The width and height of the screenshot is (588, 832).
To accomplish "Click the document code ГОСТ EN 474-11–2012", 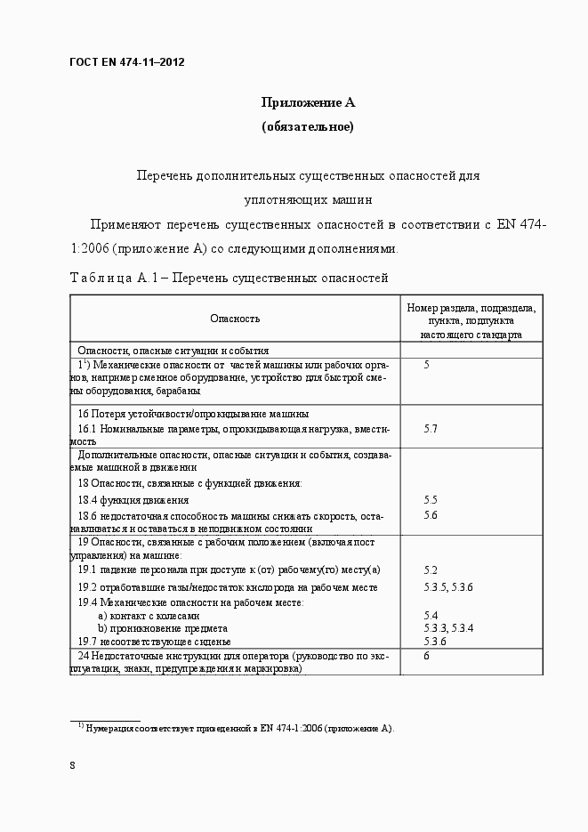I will click(x=126, y=62).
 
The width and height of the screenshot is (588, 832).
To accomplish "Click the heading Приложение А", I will click(x=307, y=103).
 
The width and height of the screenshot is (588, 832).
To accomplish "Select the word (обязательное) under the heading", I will click(x=307, y=127).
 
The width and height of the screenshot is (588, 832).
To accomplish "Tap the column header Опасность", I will click(x=235, y=319).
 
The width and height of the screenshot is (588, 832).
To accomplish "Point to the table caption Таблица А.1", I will click(x=229, y=279).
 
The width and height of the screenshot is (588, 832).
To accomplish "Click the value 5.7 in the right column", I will click(x=431, y=429).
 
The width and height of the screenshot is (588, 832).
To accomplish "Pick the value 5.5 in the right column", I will click(x=431, y=500).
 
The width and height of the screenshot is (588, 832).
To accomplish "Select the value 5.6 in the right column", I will click(x=431, y=515).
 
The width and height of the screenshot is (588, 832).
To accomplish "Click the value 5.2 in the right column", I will click(x=431, y=569).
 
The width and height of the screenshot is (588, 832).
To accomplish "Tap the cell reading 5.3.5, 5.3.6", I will click(x=448, y=587).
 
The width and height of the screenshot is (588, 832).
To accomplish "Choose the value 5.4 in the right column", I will click(x=431, y=616).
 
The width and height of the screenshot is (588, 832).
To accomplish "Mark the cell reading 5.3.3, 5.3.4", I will click(x=448, y=628).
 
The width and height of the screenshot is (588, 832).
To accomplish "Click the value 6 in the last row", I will click(x=427, y=656).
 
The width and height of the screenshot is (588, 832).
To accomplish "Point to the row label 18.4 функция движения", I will click(x=133, y=500).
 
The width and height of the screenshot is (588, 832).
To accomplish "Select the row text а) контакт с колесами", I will click(x=149, y=616).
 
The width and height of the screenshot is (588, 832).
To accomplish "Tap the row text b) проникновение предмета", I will click(x=161, y=628).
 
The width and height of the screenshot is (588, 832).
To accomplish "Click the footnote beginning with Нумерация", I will click(x=238, y=729).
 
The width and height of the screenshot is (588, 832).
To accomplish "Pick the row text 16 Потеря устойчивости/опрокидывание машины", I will click(x=193, y=414).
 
